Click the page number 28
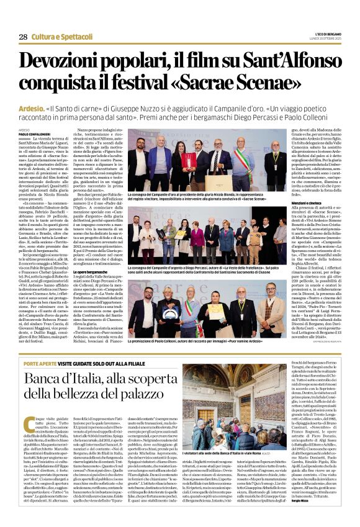(23, 37)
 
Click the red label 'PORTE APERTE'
(38, 346)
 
